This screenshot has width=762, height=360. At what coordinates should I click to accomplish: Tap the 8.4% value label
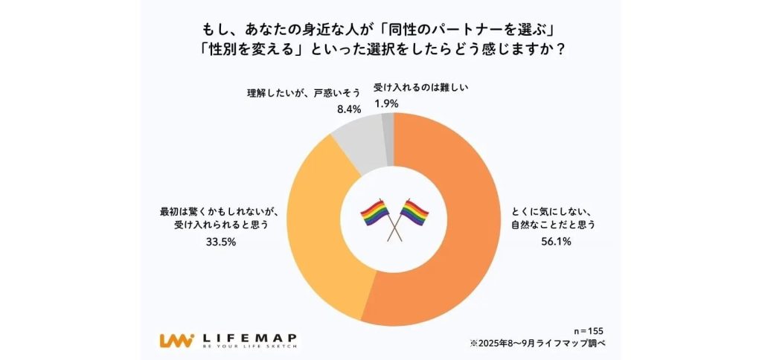[x=348, y=109]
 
